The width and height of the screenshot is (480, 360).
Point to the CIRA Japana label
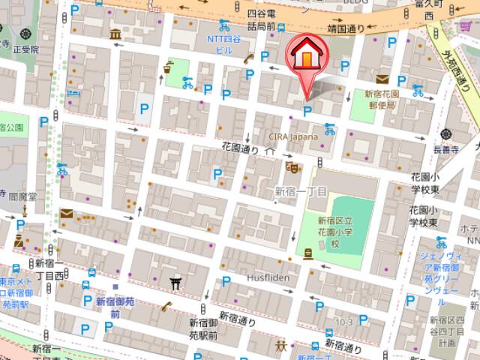coord(295,137)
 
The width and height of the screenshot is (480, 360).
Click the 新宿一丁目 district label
coord(299,192)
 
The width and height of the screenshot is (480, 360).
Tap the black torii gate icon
coord(175,282)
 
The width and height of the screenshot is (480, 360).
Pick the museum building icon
coord(115,35)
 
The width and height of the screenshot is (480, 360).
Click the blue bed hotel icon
coord(72,92)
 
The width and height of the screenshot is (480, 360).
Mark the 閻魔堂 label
coord(22,195)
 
